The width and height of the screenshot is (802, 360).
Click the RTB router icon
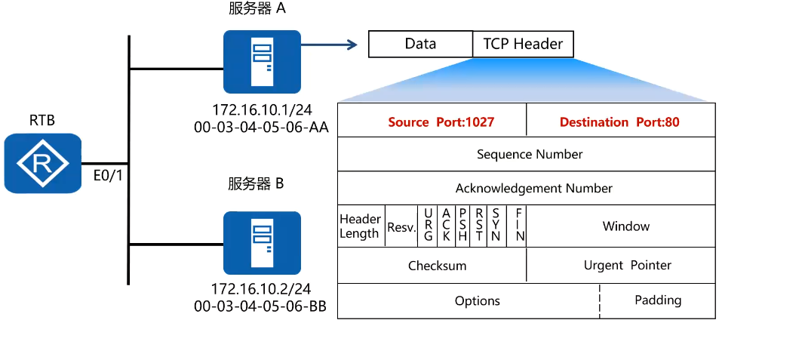click(42, 163)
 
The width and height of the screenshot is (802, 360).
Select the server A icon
click(262, 61)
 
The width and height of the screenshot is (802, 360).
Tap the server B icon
click(262, 242)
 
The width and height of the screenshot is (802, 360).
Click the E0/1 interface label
click(106, 177)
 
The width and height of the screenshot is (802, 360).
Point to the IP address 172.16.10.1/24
click(262, 109)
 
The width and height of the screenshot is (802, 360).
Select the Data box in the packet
click(420, 44)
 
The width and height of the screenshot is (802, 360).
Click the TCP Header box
click(523, 44)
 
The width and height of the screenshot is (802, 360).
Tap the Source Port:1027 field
click(431, 122)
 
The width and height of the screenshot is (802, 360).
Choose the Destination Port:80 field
click(619, 122)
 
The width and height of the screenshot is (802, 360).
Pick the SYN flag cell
click(496, 226)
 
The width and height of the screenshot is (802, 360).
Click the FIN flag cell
click(519, 226)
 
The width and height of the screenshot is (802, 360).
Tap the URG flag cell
click(428, 226)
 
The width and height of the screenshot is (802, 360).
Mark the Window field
click(625, 226)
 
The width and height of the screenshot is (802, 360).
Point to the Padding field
click(657, 300)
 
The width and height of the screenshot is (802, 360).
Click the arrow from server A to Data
click(329, 45)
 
